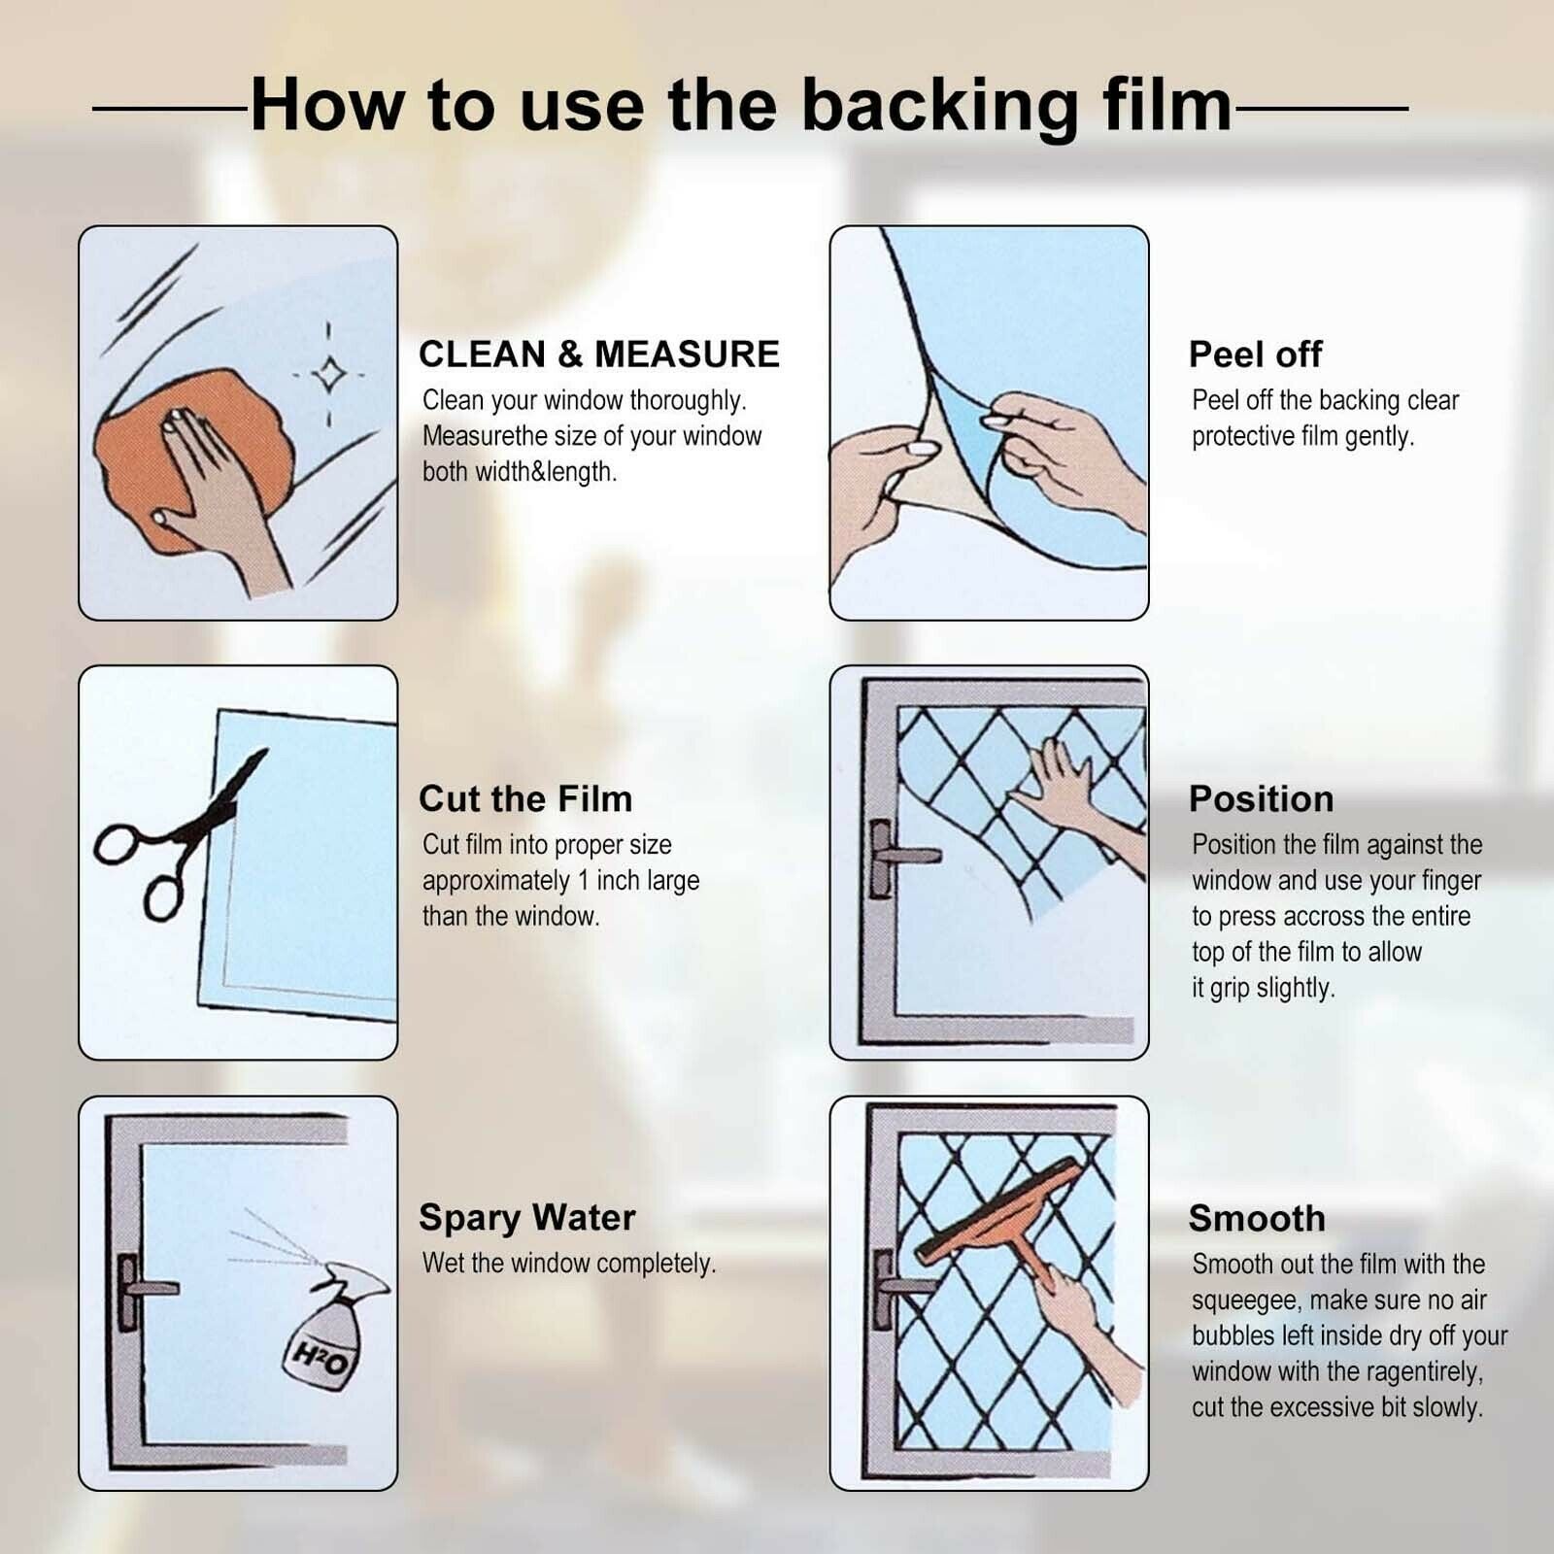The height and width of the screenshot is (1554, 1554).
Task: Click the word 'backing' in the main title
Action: point(939,107)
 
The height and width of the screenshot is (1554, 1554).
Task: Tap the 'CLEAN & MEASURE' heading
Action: point(599,355)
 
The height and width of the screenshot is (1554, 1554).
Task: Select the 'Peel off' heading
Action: point(1255,355)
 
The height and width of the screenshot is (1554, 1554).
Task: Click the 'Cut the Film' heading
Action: point(525,798)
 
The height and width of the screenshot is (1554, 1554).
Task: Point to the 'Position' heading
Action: point(1261,798)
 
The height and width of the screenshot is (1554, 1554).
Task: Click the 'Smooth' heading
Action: point(1257,1218)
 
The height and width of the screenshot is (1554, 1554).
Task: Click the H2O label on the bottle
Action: point(321,1356)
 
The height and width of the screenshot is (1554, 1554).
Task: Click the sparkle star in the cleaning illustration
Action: point(328,374)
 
